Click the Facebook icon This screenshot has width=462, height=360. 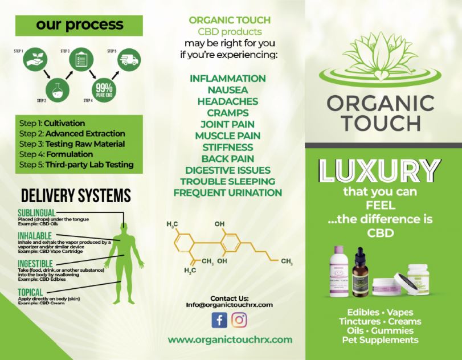(219, 321)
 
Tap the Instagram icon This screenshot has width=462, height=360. (240, 321)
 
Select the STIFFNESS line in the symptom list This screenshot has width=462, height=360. (227, 147)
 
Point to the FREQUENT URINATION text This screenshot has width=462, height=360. (227, 193)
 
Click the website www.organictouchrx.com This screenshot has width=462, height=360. (230, 339)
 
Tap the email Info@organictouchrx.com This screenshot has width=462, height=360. (229, 305)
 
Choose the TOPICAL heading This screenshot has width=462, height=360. (30, 293)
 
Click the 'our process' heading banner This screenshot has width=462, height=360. (79, 25)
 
